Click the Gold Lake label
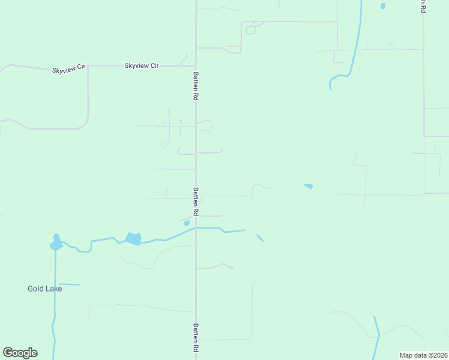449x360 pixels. click(x=44, y=289)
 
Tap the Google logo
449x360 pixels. click(x=20, y=353)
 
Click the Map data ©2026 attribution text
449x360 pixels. click(x=423, y=355)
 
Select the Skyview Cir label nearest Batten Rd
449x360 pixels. click(x=142, y=65)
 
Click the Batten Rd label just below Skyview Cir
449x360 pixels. click(x=196, y=86)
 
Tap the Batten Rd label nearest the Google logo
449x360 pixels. click(x=196, y=338)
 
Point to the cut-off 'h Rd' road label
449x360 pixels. click(x=423, y=6)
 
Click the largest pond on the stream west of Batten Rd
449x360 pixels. click(x=133, y=239)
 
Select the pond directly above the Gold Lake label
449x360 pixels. click(x=56, y=243)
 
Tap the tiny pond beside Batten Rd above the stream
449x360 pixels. click(x=187, y=223)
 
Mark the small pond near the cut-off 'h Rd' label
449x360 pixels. click(x=382, y=7)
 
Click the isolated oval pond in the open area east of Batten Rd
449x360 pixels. click(x=309, y=186)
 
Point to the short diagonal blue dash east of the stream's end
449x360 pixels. click(x=260, y=238)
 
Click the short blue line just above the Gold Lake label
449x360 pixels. click(x=69, y=284)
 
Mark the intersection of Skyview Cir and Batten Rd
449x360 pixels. click(x=196, y=65)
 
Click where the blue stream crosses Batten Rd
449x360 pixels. click(x=196, y=228)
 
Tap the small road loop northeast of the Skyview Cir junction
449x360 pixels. click(x=250, y=29)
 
